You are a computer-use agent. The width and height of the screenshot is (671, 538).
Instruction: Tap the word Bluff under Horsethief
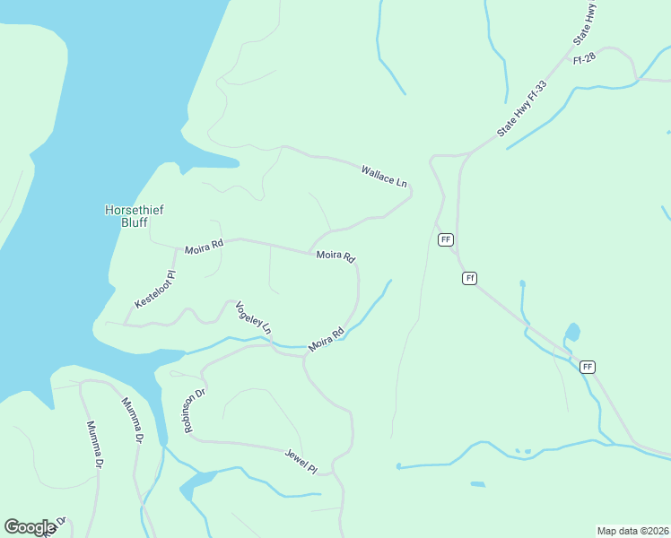(x=135, y=222)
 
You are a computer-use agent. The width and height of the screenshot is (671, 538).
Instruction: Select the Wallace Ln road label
(x=384, y=176)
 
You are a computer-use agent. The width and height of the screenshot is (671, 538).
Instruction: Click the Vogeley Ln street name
(x=253, y=317)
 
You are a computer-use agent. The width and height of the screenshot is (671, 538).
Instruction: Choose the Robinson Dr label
(x=195, y=411)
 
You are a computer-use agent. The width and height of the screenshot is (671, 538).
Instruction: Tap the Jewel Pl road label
(x=301, y=461)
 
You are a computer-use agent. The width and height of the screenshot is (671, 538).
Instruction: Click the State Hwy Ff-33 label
(x=522, y=108)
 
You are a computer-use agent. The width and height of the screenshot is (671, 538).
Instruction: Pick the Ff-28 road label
(x=584, y=57)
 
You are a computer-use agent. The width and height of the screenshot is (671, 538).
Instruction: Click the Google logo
(x=30, y=527)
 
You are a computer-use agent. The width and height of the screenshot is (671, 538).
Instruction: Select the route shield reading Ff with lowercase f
(x=469, y=278)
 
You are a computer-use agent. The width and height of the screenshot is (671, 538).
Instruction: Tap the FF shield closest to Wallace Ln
(x=446, y=239)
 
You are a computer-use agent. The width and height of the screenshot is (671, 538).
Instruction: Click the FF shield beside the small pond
(x=588, y=367)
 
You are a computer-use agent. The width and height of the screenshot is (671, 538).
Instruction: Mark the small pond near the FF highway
(x=572, y=332)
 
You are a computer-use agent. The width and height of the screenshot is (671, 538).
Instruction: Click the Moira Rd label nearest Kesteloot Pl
(x=204, y=248)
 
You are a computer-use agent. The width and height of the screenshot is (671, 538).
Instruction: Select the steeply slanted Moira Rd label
(x=327, y=341)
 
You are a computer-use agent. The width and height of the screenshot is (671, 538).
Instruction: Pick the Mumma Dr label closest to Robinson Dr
(x=132, y=420)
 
